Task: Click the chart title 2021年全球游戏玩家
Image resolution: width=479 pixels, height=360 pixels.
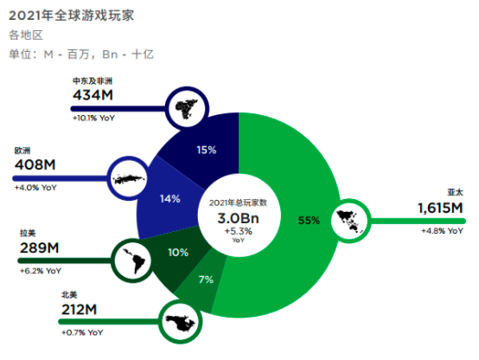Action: pyautogui.click(x=71, y=16)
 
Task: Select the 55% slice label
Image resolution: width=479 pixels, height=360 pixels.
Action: pyautogui.click(x=309, y=220)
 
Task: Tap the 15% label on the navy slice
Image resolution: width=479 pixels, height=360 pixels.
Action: pyautogui.click(x=207, y=150)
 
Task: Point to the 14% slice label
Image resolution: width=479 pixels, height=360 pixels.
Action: pyautogui.click(x=170, y=199)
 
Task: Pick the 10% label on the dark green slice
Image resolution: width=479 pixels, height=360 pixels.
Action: pyautogui.click(x=178, y=253)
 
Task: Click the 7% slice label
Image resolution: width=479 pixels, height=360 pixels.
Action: pyautogui.click(x=206, y=280)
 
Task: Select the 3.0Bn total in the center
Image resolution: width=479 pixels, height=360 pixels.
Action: pyautogui.click(x=239, y=218)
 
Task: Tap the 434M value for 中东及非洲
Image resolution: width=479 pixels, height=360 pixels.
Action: pyautogui.click(x=93, y=95)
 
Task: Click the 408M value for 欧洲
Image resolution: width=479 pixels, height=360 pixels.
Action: pyautogui.click(x=35, y=165)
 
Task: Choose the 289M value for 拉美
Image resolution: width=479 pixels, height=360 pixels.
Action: pyautogui.click(x=40, y=247)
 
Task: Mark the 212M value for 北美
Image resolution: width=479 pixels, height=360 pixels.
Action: pyautogui.click(x=80, y=310)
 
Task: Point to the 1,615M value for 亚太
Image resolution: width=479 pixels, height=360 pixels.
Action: pyautogui.click(x=440, y=209)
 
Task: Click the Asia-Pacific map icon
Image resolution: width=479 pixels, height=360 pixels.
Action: pyautogui.click(x=351, y=221)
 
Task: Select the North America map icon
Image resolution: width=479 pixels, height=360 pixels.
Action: pyautogui.click(x=180, y=322)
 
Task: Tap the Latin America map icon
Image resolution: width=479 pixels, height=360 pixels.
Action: pyautogui.click(x=133, y=260)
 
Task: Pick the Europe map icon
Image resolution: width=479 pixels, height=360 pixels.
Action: pyautogui.click(x=129, y=178)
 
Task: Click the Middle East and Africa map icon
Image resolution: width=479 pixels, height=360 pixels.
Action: pyautogui.click(x=187, y=108)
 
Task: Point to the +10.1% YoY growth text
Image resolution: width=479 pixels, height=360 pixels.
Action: pyautogui.click(x=93, y=118)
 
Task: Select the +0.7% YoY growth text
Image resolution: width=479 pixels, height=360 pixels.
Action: pyautogui.click(x=82, y=332)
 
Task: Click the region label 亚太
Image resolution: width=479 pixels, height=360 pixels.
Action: pyautogui.click(x=455, y=192)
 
